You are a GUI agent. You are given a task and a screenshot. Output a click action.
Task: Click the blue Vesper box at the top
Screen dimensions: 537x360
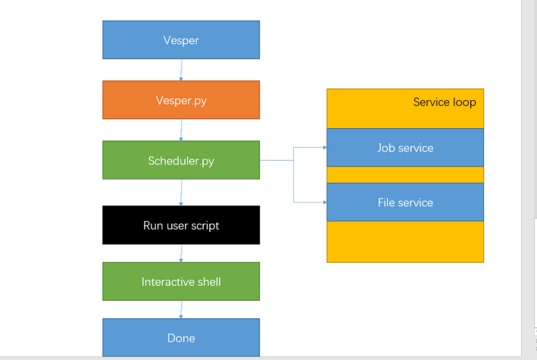tap(181, 39)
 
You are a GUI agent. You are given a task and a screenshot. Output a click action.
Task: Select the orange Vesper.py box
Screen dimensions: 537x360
tap(181, 100)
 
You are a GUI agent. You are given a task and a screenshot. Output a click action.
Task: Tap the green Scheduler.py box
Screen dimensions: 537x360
tap(181, 160)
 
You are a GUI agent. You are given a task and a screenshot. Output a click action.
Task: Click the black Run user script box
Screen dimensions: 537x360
tap(181, 225)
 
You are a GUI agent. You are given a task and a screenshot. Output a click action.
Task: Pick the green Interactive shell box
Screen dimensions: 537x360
tap(181, 281)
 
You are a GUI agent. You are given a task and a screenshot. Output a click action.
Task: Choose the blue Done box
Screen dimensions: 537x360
tap(181, 338)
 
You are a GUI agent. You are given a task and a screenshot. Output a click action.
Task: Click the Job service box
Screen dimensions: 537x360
tap(405, 148)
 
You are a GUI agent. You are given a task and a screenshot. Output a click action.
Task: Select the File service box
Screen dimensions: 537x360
tap(405, 202)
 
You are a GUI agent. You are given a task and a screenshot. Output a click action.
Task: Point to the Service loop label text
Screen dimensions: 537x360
tap(445, 102)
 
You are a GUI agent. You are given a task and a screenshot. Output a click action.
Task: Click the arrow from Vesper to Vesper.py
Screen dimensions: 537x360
tap(181, 70)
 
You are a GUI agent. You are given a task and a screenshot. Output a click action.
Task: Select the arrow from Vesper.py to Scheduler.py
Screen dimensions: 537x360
tap(181, 130)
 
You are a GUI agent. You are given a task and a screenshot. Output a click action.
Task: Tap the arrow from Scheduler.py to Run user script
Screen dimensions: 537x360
tap(181, 193)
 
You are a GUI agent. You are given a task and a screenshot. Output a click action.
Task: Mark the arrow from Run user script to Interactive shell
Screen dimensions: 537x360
tap(181, 253)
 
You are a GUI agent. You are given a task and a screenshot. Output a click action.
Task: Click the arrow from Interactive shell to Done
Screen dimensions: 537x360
tap(181, 309)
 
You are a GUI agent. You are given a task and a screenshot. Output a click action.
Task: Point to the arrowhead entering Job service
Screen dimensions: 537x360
tap(325, 148)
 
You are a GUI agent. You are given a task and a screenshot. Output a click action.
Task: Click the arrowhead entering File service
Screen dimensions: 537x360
tap(325, 202)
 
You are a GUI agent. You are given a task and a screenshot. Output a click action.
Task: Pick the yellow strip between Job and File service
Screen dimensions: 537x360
tap(405, 175)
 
